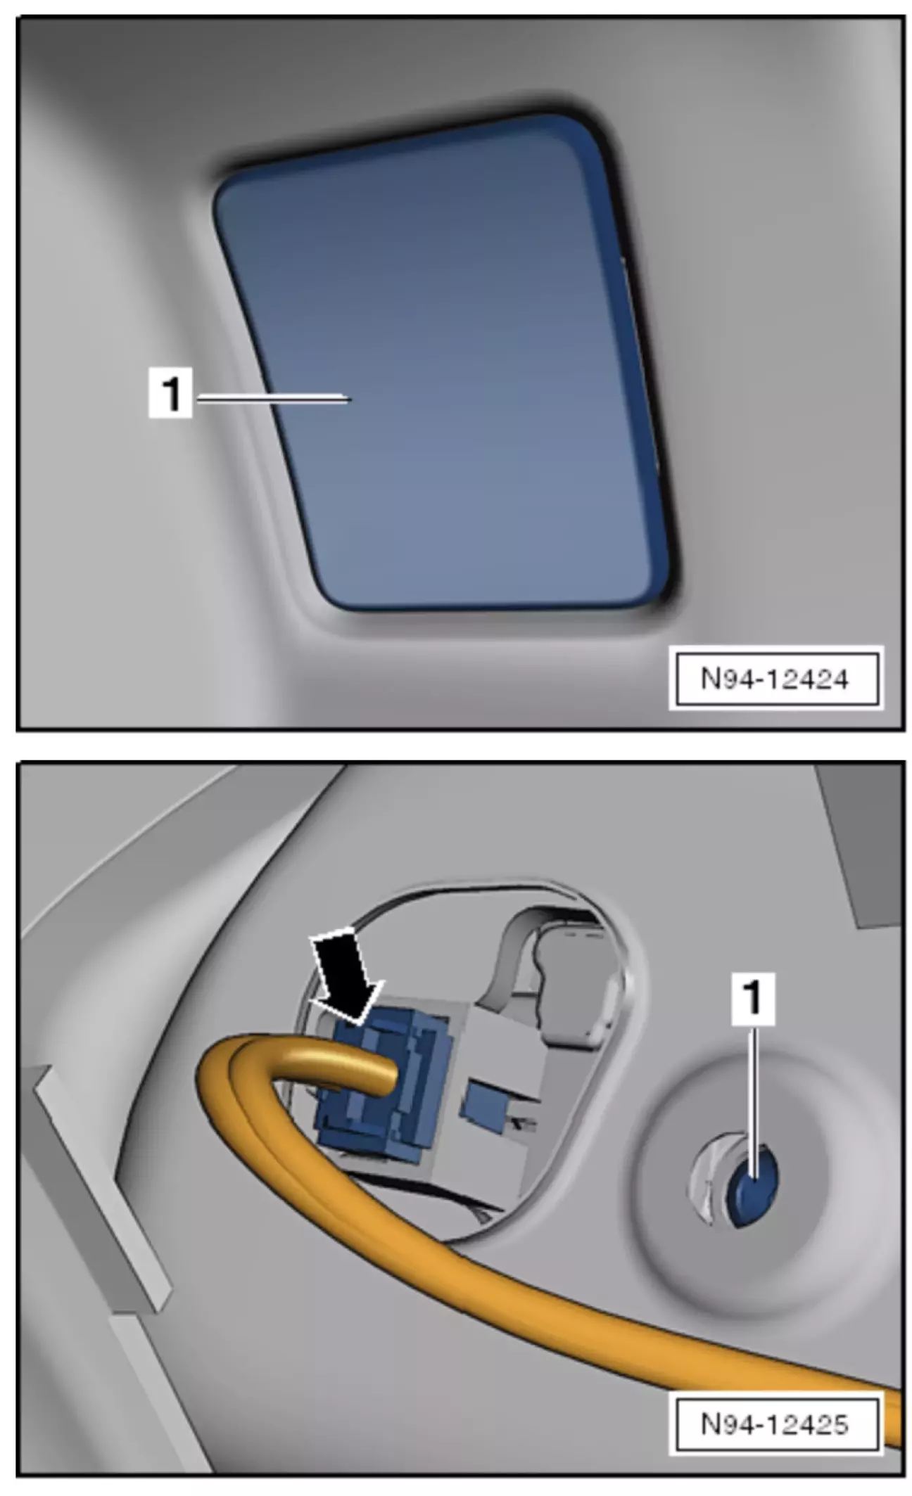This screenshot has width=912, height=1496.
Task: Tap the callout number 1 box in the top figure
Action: point(170,395)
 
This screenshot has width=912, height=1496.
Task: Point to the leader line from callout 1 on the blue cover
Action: point(273,399)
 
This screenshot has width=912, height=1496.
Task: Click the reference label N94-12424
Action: point(775,679)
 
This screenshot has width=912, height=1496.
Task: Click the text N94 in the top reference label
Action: point(725,679)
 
